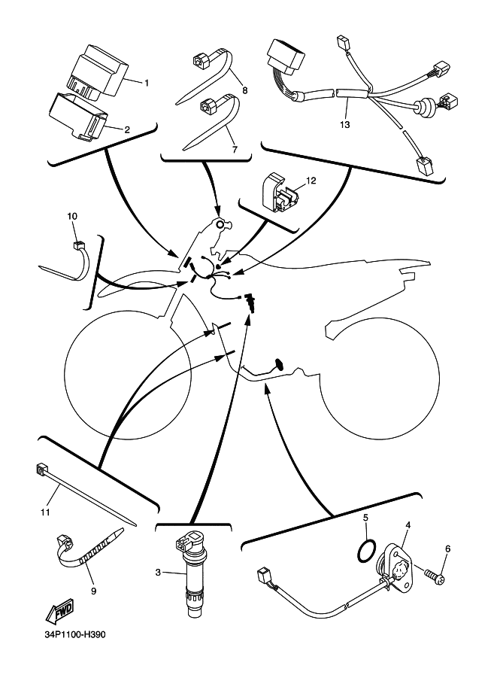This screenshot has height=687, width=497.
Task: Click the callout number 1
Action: pyautogui.click(x=147, y=83)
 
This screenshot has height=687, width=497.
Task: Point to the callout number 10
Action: pyautogui.click(x=72, y=217)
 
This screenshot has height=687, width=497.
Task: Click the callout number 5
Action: pyautogui.click(x=365, y=518)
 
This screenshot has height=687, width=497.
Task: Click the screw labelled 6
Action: pyautogui.click(x=436, y=578)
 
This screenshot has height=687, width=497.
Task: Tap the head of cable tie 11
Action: pyautogui.click(x=41, y=473)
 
